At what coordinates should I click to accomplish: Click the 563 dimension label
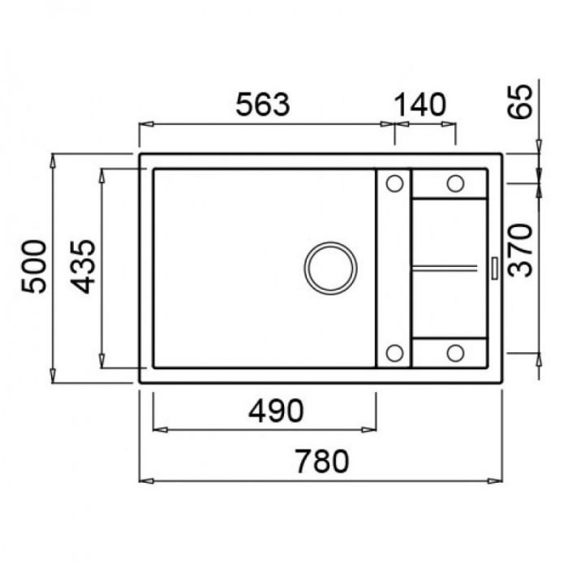(263, 105)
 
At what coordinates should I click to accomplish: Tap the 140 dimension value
(420, 105)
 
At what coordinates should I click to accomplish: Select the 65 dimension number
(520, 101)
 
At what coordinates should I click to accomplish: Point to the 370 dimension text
(520, 250)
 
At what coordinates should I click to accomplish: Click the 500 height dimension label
(34, 266)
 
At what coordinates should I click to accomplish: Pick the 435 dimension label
(83, 266)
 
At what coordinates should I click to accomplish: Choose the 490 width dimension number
(276, 411)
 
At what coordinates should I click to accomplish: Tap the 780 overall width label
(322, 461)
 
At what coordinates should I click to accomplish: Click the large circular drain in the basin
(330, 269)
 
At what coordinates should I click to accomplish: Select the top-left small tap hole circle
(394, 183)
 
